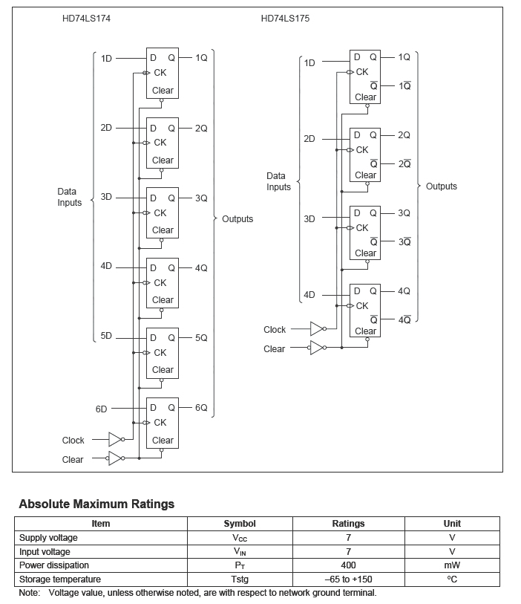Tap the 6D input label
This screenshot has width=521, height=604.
(102, 409)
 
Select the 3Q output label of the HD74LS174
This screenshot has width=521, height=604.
(201, 198)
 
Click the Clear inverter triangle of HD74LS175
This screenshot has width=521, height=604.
(317, 348)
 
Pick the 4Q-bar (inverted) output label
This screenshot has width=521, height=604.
(404, 320)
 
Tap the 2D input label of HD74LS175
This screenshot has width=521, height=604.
(309, 139)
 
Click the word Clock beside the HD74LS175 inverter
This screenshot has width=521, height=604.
(275, 329)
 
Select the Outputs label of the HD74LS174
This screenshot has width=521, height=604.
(237, 219)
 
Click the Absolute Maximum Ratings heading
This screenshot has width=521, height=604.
(96, 504)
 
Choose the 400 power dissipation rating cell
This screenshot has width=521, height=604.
(348, 565)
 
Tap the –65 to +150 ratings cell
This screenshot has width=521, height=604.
(348, 579)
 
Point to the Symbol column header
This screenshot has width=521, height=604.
(239, 524)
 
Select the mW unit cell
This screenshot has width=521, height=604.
(452, 565)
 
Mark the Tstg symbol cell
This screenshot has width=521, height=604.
(239, 579)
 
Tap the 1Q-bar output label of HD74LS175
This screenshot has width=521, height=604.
(404, 86)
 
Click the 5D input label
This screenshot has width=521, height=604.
(106, 336)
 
